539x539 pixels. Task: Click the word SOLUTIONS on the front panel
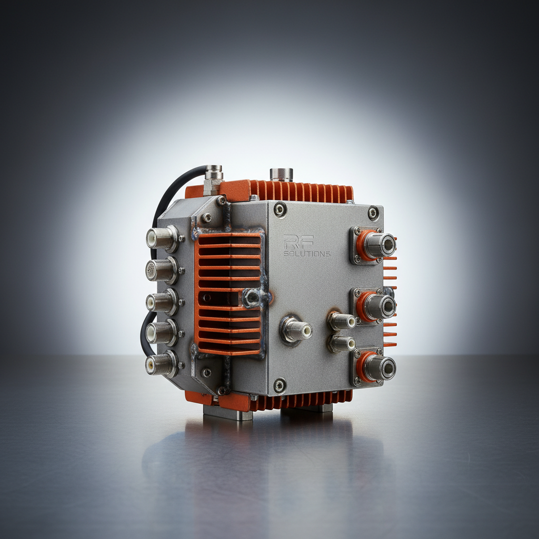pos(307,254)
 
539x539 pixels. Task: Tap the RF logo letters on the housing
pos(298,242)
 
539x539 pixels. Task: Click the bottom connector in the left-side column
pos(161,364)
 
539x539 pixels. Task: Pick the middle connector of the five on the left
pos(161,302)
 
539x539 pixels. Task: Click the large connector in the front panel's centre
pos(295,331)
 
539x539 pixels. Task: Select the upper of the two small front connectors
pos(341,320)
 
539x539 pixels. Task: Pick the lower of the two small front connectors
pos(341,344)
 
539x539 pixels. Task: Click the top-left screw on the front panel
pos(280,209)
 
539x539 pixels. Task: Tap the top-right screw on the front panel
pos(373,213)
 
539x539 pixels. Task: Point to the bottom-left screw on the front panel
pos(280,385)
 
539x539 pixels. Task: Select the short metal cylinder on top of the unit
pos(281,175)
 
